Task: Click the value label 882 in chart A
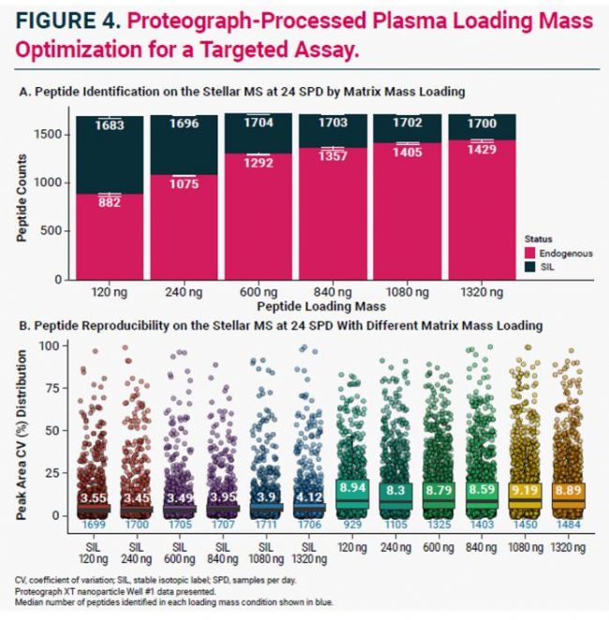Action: (109, 202)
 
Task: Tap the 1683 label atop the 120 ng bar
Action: (109, 125)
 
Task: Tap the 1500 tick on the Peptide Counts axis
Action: (52, 135)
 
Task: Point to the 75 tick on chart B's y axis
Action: (57, 388)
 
